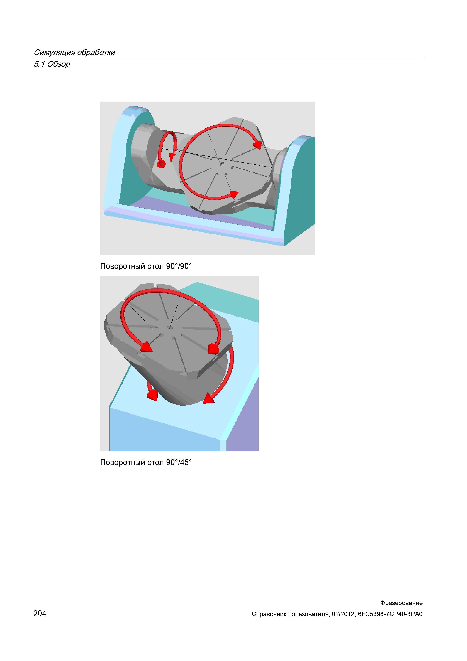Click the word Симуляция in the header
coord(54,52)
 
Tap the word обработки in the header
coord(96,52)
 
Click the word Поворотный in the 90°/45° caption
coord(123,463)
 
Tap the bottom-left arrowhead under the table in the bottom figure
coord(152,395)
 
